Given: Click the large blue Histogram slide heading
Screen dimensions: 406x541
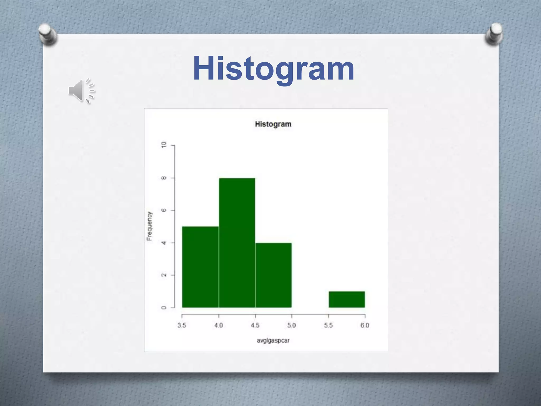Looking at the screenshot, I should pos(273,69).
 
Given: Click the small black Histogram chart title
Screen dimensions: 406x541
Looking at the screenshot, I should pos(273,124).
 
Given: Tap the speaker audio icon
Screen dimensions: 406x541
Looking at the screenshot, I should pos(81,91).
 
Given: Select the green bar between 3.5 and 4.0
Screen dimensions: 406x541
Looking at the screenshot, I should pos(200,267).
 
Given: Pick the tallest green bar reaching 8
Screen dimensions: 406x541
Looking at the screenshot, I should pos(237,243).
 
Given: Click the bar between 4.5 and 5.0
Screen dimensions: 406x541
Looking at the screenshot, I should pos(273,275).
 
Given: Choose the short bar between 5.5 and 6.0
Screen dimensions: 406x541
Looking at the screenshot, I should pos(347,299).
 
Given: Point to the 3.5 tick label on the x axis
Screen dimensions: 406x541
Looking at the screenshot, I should pos(182,325).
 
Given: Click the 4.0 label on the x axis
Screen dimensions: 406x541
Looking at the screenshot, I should pos(218,325).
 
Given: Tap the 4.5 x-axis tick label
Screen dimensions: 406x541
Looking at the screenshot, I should pos(255,325).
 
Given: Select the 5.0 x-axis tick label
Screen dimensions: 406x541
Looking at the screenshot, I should pos(292,325).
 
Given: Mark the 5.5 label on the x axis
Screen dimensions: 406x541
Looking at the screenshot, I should pos(328,325).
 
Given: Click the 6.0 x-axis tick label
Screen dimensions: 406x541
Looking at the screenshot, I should pos(365,325).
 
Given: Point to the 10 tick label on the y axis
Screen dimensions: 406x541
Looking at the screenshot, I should pos(164,145).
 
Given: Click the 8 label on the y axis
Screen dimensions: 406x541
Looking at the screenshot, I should pos(164,178).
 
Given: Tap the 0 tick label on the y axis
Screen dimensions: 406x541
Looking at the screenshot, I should pos(164,308).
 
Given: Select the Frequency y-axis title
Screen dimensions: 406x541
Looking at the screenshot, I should pos(150,226).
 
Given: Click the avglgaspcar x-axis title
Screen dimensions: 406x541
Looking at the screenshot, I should pos(273,340).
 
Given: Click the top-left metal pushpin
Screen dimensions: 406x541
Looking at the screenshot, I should pos(48,34).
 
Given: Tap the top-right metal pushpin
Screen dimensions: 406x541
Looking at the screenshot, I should pos(494,34).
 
